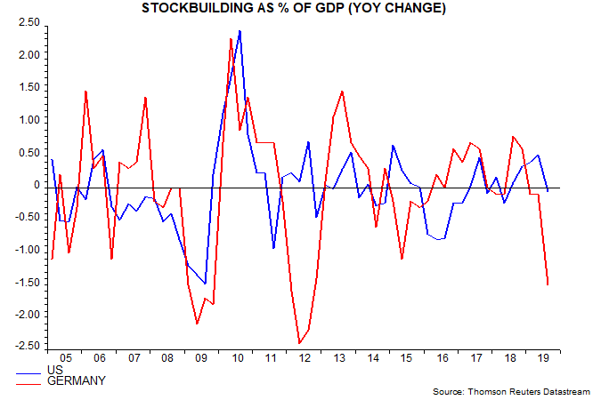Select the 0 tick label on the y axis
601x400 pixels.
tap(37, 185)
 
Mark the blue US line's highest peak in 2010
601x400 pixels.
tap(240, 31)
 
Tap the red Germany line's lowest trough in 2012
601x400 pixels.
tap(299, 343)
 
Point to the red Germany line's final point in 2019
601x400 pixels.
tap(548, 284)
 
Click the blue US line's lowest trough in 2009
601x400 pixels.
tap(205, 284)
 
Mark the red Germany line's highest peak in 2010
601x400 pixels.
tap(231, 38)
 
